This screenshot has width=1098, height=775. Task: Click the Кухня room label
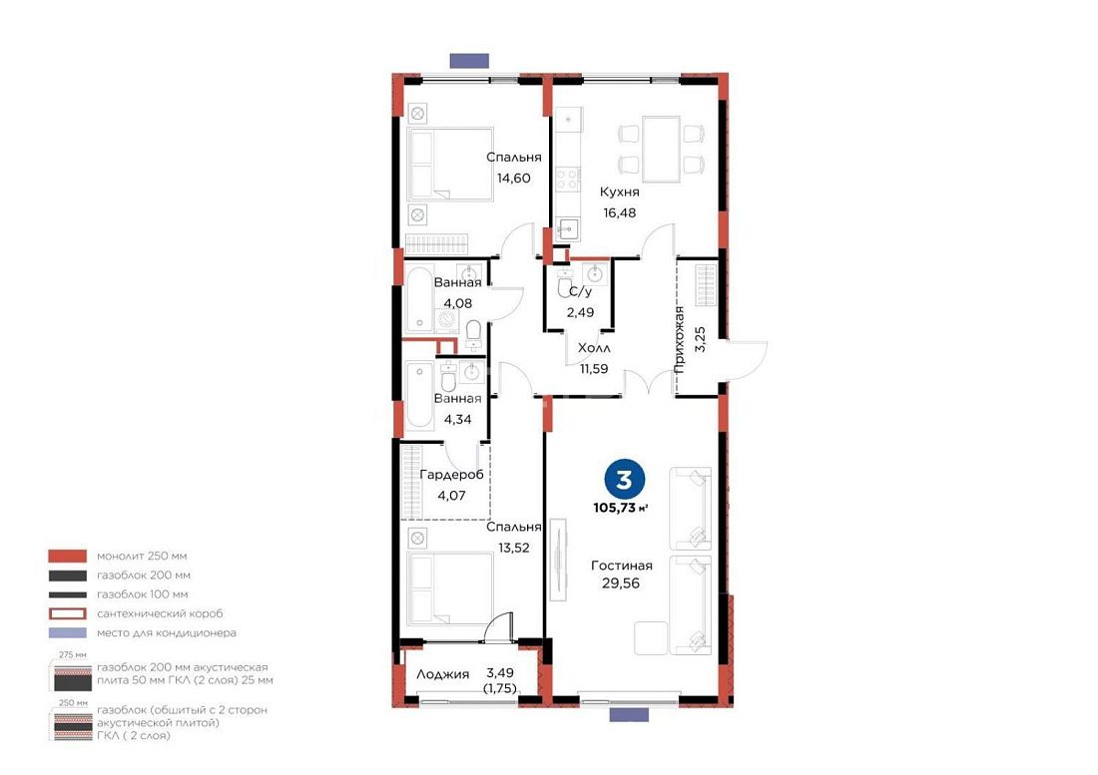click(x=620, y=192)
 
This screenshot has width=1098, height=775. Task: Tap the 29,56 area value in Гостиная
click(x=621, y=583)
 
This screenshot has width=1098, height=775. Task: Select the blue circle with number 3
click(x=623, y=479)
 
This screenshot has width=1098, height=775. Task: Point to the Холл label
click(x=594, y=348)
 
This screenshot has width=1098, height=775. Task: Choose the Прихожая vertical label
click(x=679, y=340)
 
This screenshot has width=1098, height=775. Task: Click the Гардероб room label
click(x=451, y=475)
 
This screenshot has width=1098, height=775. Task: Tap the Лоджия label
click(x=442, y=674)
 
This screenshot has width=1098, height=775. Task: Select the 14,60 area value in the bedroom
click(x=513, y=178)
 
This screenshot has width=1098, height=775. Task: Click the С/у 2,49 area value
click(x=580, y=312)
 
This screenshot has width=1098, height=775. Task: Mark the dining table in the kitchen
click(x=661, y=150)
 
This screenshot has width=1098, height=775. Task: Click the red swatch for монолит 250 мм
click(x=67, y=557)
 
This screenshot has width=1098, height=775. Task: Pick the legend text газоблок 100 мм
click(x=142, y=594)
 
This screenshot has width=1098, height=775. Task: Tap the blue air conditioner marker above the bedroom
click(x=469, y=61)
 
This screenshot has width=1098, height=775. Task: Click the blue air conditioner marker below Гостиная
click(x=629, y=714)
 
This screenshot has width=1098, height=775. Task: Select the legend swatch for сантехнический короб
click(x=67, y=614)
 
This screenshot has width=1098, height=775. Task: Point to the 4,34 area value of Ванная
click(x=457, y=420)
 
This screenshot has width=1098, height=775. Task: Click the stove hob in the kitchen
click(x=568, y=180)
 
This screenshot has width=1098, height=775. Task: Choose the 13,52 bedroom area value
click(x=513, y=548)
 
